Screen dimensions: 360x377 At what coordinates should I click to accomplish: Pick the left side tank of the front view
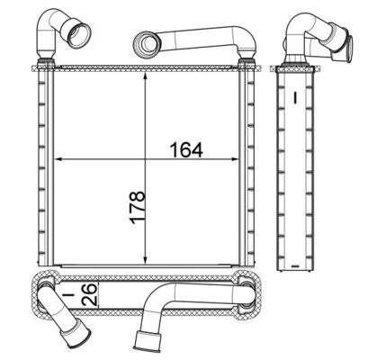[x=41, y=162]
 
